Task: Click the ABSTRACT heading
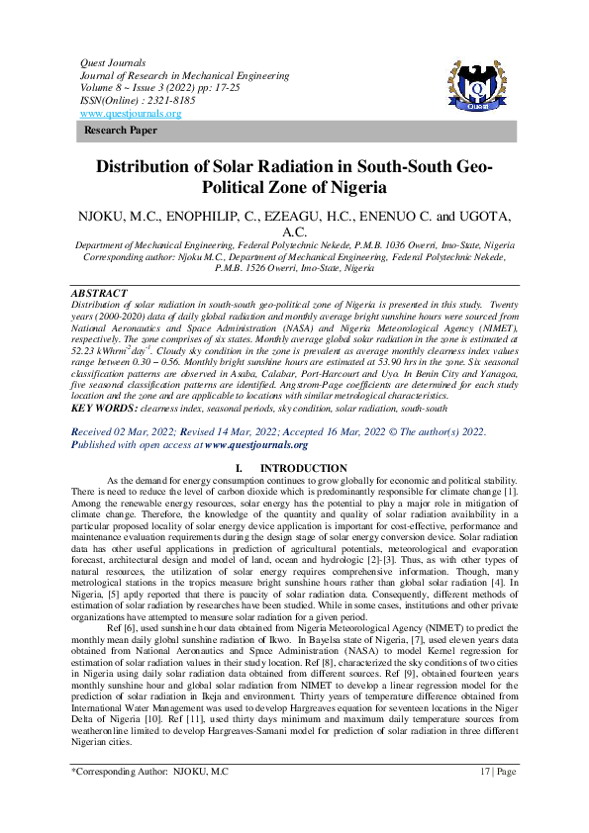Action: (99, 266)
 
